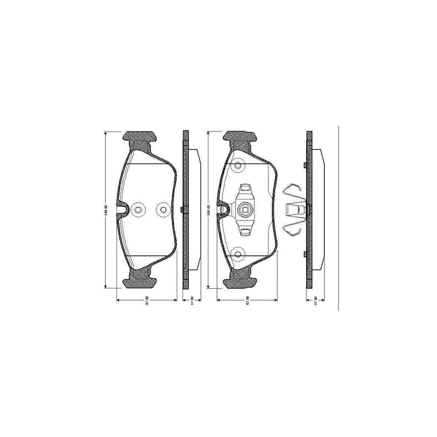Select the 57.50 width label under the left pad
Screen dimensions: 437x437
[x=147, y=301]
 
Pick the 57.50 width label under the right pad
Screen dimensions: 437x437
[x=247, y=301]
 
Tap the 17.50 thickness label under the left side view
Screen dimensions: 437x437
[x=193, y=301]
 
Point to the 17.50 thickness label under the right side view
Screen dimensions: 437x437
[x=316, y=301]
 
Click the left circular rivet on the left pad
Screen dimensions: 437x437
[x=137, y=210]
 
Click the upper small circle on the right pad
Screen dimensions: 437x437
[x=237, y=165]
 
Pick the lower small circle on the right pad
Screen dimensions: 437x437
[x=237, y=252]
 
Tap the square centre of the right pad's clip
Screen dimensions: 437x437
[x=245, y=210]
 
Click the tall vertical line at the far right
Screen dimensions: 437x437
[x=338, y=218]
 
